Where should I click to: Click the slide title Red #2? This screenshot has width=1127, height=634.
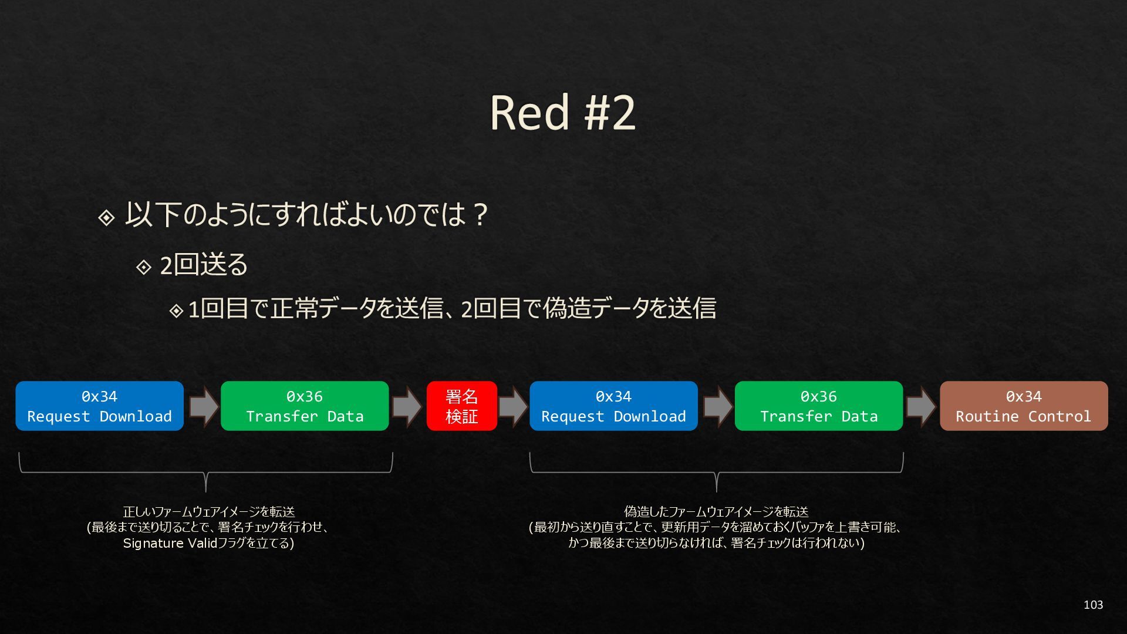tap(562, 112)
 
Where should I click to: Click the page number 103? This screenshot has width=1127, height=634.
tap(1093, 605)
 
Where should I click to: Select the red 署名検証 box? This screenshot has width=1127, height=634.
tap(461, 406)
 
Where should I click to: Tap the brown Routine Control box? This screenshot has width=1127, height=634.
tap(1023, 406)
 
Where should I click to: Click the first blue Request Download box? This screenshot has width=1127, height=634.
tap(99, 406)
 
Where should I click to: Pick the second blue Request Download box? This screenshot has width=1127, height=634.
tap(613, 406)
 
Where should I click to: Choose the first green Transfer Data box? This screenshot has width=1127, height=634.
tap(305, 406)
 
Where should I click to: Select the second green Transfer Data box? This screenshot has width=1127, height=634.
tap(818, 406)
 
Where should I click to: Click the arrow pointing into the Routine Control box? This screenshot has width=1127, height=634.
tap(921, 406)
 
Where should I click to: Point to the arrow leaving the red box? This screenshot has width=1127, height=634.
tap(513, 406)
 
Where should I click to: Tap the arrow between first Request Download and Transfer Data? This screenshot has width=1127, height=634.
tap(203, 406)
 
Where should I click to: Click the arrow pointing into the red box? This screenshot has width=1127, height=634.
tap(407, 406)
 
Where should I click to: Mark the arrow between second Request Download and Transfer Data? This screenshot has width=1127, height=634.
tap(717, 406)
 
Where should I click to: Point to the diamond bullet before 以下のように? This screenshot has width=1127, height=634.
tap(106, 218)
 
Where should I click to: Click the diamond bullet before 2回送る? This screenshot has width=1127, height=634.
tap(144, 267)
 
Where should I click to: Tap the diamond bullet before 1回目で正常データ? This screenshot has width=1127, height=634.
tap(176, 311)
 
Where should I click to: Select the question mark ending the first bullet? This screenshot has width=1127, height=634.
tap(480, 215)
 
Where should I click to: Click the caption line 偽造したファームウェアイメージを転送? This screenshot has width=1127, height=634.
tap(716, 512)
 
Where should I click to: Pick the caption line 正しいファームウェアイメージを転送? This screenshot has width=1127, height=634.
tap(208, 512)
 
